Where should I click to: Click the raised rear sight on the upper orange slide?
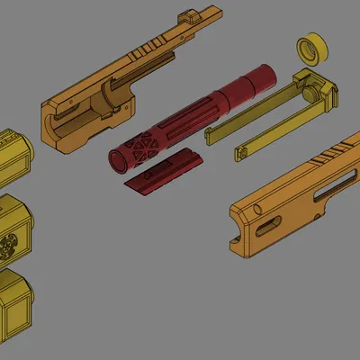click(x=191, y=15)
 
